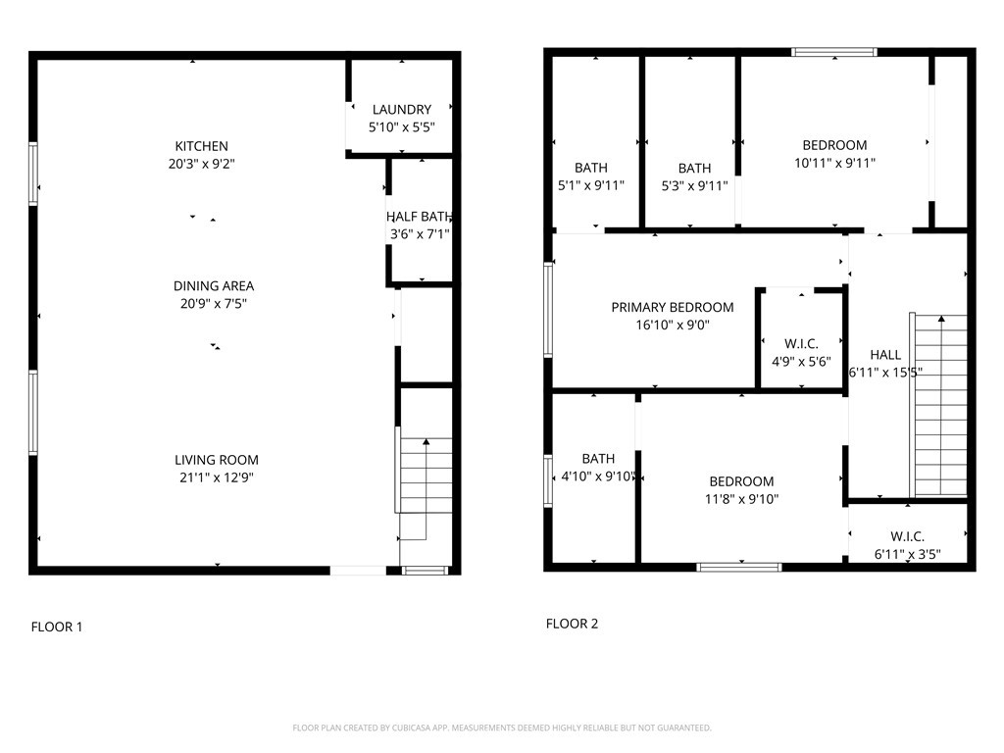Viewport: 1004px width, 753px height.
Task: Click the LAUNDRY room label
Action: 401,110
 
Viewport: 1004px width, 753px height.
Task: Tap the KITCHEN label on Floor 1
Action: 201,146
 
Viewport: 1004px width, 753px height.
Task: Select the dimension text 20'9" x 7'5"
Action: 213,304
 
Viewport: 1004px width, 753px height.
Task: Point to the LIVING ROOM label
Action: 217,460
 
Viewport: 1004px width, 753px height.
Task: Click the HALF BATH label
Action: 420,217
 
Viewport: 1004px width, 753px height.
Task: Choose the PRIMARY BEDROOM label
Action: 673,307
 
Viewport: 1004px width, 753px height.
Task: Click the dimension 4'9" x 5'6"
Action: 801,361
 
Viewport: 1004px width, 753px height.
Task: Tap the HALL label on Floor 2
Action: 885,355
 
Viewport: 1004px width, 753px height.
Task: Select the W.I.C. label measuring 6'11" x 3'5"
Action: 907,536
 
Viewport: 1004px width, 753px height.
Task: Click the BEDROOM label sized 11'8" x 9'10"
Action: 741,481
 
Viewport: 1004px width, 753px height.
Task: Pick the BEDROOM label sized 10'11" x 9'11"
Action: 835,145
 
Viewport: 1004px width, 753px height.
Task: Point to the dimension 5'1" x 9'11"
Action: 591,185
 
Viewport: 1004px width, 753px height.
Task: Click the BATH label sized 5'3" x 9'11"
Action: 695,169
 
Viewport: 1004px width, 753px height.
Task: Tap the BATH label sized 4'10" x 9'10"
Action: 598,459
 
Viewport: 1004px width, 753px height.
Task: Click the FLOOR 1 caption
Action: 56,627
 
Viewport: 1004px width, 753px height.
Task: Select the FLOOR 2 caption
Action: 572,624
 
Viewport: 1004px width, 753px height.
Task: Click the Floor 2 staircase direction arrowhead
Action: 941,319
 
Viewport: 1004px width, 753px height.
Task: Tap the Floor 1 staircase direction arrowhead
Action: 427,441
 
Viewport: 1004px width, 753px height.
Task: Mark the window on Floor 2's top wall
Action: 833,52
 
